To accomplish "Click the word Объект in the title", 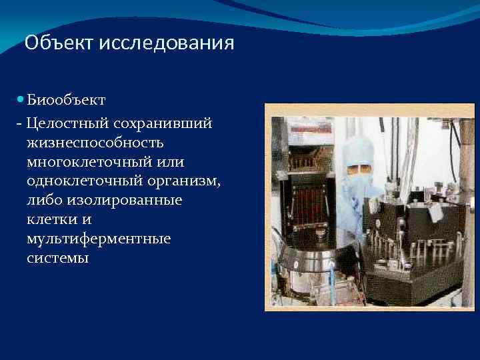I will tap(59, 44).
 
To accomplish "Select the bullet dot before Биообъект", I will tap(21, 99).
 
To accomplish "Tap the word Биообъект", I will tap(66, 100).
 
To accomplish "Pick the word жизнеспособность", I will tap(95, 143).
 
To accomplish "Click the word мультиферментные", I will tap(99, 239).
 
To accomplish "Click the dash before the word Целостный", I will tap(21, 124).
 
